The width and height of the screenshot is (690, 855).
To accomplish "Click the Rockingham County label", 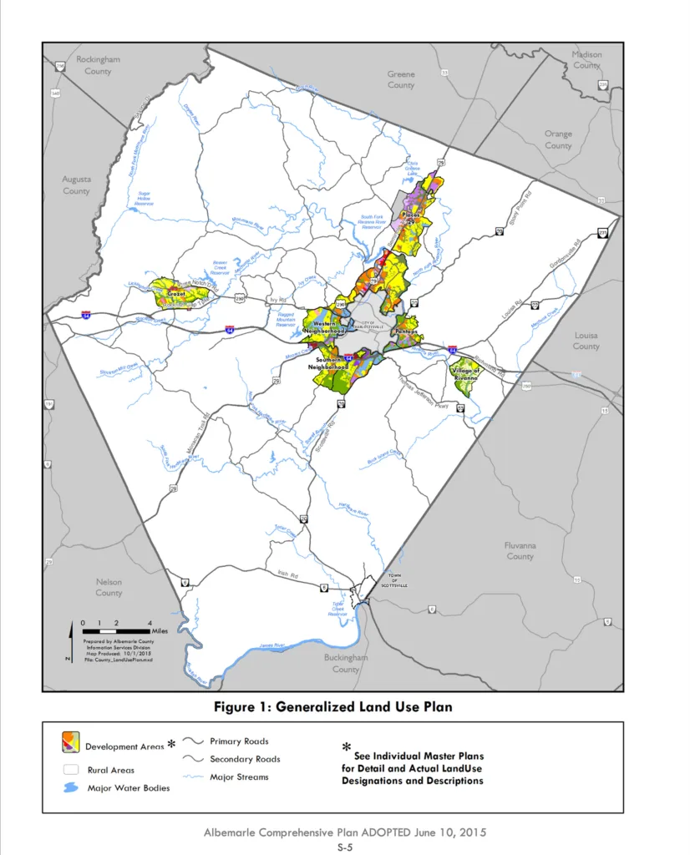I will coord(98,65).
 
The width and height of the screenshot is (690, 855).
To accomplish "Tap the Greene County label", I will coord(401,79).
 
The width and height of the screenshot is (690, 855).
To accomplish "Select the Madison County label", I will coord(586,59).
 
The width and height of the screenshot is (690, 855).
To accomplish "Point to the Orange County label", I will coord(558,139).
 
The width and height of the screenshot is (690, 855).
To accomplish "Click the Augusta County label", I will coord(76,185).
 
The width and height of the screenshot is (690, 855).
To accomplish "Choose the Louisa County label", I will coord(586,340).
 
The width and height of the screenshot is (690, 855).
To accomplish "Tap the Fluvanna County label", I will coord(520,550).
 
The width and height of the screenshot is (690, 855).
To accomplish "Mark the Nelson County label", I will coord(109,587).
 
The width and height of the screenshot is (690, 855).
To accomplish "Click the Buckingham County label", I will coord(346,663).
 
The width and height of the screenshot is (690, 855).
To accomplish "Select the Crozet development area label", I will coord(175,295).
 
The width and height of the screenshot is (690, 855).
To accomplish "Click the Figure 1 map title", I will coord(332,706).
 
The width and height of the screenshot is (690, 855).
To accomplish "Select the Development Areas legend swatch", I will coord(70,742).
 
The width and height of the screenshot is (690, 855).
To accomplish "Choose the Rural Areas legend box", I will coord(70,769).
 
